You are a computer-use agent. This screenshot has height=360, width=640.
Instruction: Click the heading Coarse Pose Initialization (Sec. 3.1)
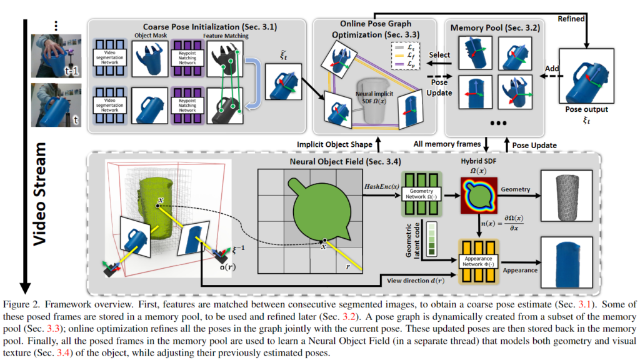point(197,26)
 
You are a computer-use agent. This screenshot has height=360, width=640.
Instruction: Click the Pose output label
point(586,109)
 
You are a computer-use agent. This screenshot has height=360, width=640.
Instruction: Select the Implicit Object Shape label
point(336,144)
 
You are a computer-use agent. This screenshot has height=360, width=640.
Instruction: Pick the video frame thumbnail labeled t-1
point(57,56)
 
